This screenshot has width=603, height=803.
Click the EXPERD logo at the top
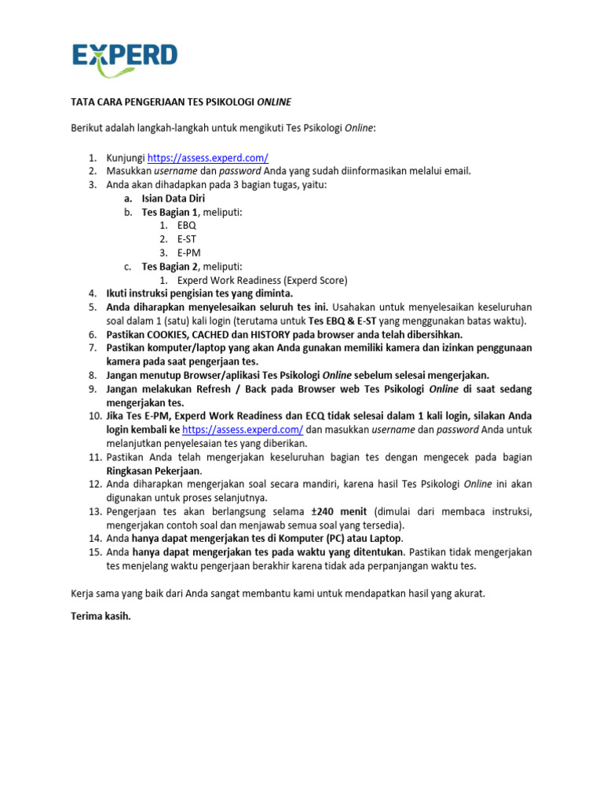pyautogui.click(x=125, y=57)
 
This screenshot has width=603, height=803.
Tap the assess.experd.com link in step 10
pyautogui.click(x=243, y=431)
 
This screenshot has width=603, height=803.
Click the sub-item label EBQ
pyautogui.click(x=187, y=225)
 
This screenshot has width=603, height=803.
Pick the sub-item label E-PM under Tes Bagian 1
pyautogui.click(x=189, y=253)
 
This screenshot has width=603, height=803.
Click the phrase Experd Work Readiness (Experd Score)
pyautogui.click(x=262, y=280)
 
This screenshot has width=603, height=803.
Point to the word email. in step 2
pyautogui.click(x=455, y=171)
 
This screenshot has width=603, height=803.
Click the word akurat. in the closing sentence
pyautogui.click(x=468, y=594)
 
